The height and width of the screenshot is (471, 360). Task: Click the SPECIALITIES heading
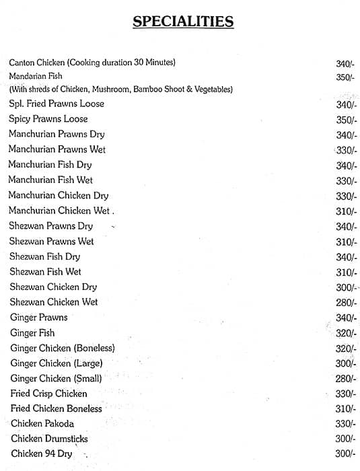183,22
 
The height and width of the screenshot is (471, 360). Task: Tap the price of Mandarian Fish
345,77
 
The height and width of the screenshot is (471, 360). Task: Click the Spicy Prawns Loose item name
48,119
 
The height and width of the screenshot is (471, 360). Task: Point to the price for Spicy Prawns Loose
345,120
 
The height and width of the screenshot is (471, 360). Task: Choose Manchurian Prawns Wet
57,149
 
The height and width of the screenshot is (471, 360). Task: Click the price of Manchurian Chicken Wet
345,211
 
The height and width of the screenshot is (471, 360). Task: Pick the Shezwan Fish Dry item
45,256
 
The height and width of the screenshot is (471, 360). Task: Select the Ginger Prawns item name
39,318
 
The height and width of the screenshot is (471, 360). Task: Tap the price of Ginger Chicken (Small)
345,379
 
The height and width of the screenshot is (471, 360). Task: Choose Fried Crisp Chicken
49,394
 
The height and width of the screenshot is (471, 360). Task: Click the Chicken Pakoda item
42,424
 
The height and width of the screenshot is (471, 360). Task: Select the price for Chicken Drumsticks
345,439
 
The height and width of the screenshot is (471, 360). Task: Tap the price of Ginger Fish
345,334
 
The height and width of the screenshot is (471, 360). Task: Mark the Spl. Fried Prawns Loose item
57,104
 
